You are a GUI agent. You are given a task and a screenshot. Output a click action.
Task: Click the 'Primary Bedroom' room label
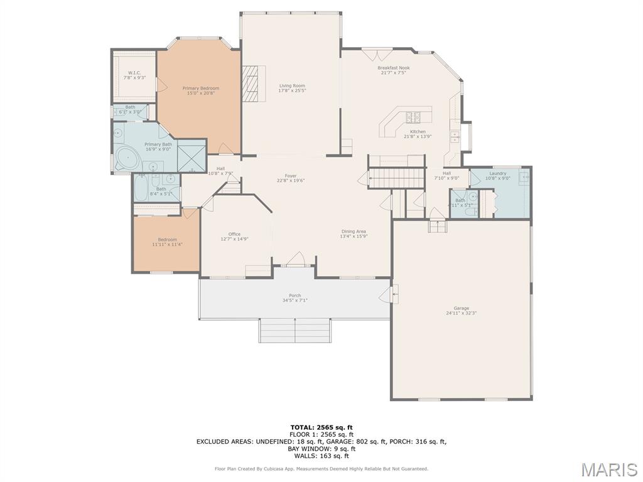200,88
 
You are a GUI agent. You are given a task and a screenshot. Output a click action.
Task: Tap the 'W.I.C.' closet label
134,73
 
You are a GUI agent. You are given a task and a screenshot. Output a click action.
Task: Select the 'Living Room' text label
292,86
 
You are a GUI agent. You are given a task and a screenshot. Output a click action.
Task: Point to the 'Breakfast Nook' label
394,68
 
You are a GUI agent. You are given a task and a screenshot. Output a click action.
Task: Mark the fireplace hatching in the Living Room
254,83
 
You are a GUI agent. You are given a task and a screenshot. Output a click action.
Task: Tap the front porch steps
294,329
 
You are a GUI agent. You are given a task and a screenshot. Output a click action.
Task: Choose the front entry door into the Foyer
295,262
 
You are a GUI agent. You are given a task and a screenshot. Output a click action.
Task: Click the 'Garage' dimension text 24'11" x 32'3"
462,313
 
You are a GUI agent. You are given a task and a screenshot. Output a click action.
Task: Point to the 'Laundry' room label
498,173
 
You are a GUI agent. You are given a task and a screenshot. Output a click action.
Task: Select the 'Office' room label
234,234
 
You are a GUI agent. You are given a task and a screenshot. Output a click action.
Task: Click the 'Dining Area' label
354,231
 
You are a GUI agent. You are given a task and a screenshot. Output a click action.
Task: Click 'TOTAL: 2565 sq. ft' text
321,427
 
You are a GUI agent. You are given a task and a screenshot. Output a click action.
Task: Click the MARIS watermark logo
609,469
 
